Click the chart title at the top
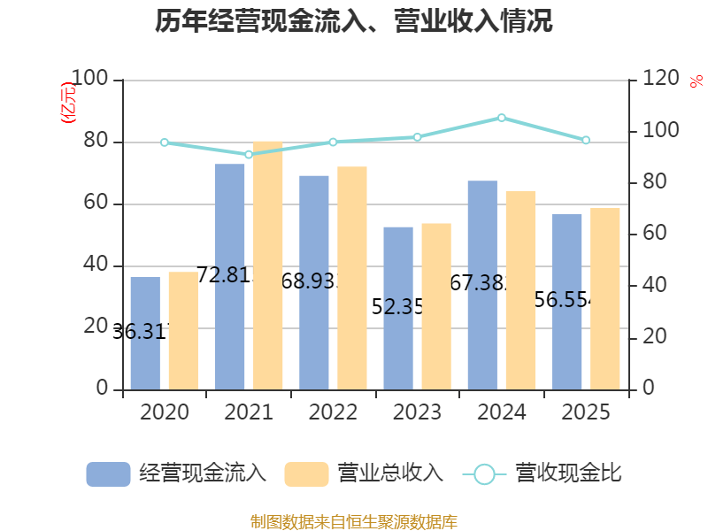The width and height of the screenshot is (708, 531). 354,22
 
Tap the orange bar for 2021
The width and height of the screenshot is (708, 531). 268,265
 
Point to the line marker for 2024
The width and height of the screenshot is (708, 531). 502,118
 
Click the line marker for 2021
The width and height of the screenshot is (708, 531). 249,155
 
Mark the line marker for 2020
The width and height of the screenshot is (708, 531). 165,142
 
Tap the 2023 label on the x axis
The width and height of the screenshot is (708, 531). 417,412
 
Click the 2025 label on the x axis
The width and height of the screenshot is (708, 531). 586,412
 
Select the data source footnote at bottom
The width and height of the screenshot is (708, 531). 354,521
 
